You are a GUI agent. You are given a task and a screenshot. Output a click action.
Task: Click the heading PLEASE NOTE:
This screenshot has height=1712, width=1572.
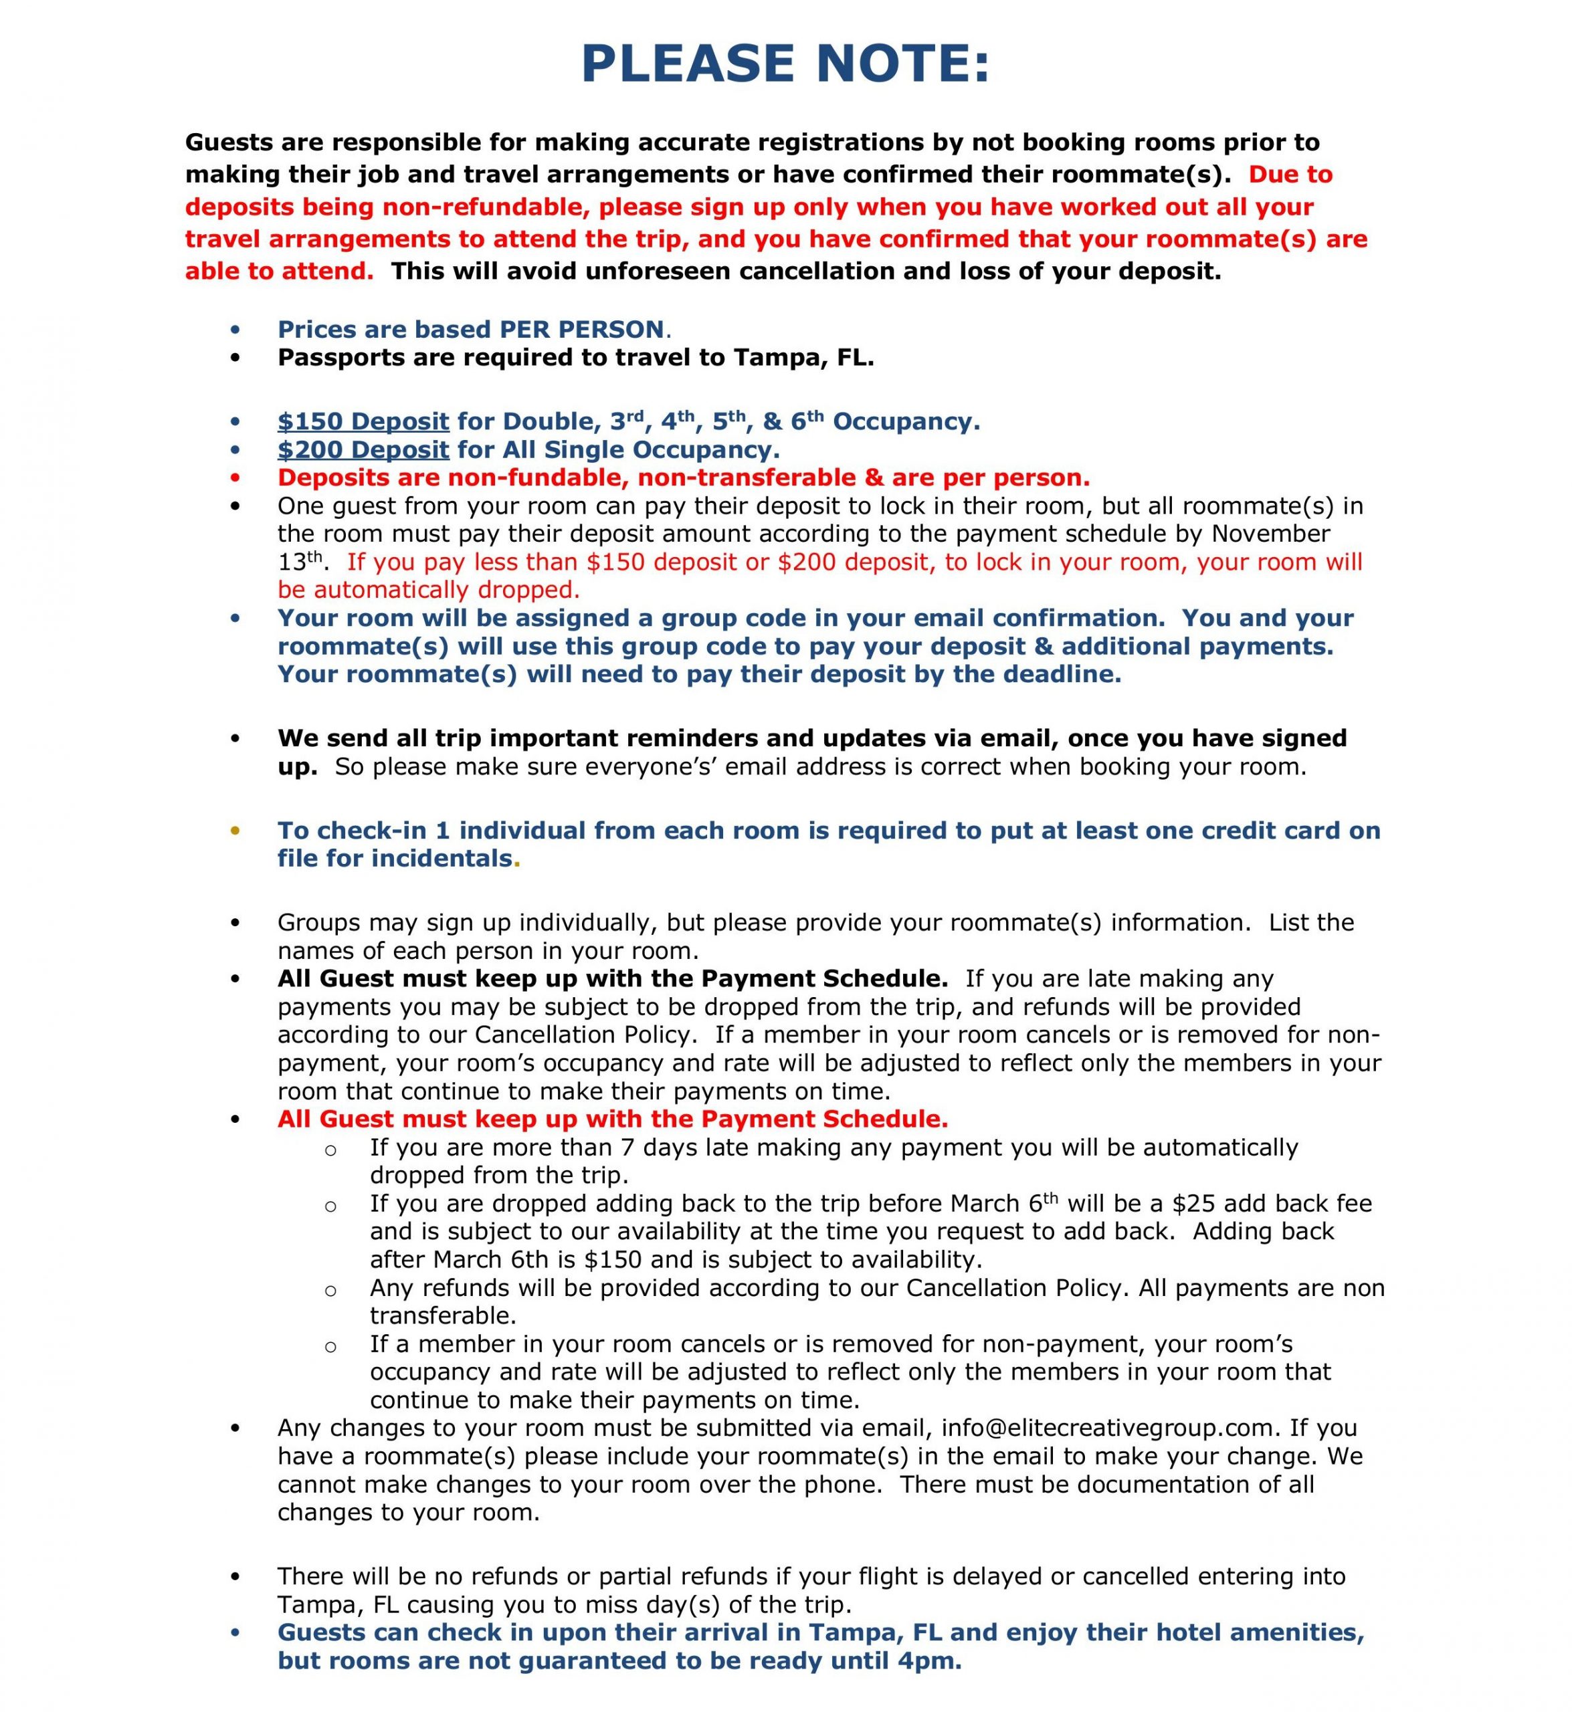point(785,65)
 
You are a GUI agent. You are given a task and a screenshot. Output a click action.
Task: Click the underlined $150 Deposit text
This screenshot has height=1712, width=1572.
point(363,422)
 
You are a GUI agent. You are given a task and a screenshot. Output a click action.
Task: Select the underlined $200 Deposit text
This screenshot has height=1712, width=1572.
point(363,450)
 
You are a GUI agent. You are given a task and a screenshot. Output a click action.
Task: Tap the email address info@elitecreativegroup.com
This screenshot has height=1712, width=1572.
point(1108,1428)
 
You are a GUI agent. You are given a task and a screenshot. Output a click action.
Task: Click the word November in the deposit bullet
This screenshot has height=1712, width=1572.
point(1271,534)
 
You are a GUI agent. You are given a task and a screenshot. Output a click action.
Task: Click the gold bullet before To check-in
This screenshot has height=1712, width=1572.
point(235,831)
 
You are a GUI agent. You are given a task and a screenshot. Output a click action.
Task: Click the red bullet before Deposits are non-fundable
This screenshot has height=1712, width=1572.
point(235,478)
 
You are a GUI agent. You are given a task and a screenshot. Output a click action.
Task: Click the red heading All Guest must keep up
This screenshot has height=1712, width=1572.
point(613,1119)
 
